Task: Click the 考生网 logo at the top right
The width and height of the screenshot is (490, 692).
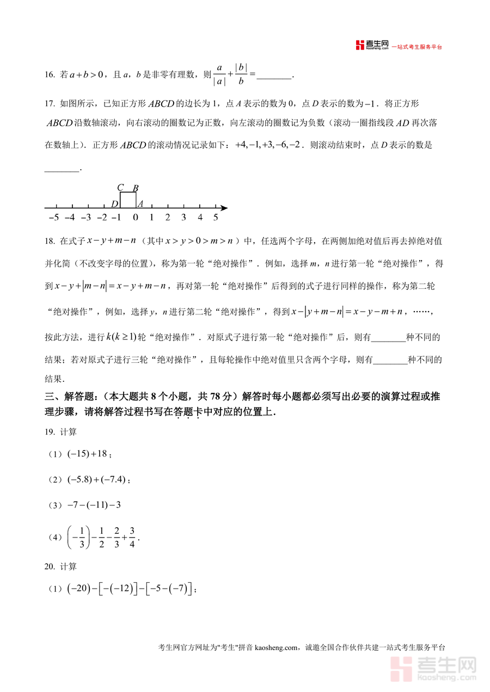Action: (x=372, y=45)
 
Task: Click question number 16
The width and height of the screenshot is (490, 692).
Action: (x=49, y=75)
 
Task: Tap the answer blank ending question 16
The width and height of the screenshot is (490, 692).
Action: (x=274, y=75)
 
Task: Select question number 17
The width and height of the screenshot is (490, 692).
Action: (x=49, y=103)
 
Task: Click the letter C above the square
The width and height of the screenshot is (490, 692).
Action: (x=120, y=188)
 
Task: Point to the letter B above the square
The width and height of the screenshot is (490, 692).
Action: (x=136, y=188)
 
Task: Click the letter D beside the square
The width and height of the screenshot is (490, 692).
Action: (x=114, y=204)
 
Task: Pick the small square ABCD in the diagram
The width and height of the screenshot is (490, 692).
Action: (x=128, y=200)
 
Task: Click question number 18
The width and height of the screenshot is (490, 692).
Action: (x=49, y=240)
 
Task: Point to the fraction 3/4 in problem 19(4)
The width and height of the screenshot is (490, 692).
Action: (x=132, y=537)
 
